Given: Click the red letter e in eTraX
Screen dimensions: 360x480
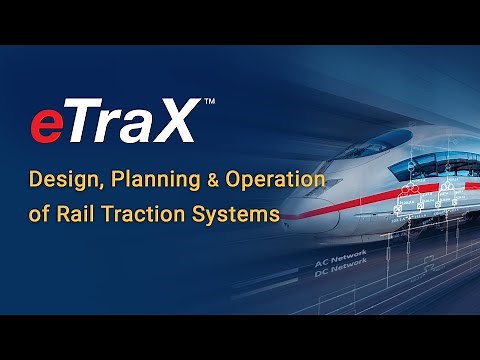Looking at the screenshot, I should [48, 127].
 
